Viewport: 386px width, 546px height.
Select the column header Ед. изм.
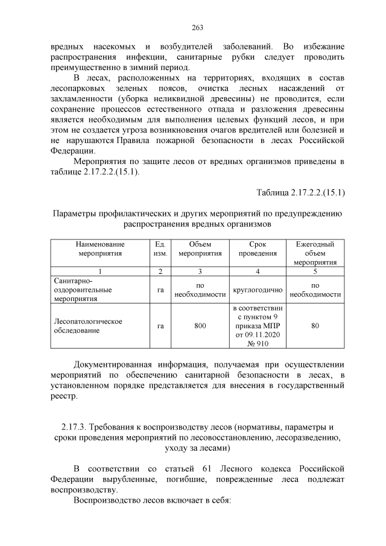[x=160, y=249]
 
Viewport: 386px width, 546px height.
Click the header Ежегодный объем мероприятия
[x=315, y=253]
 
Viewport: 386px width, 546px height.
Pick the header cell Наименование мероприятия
[x=100, y=249]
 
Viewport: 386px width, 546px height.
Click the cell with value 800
[x=200, y=326]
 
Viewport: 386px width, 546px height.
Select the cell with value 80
[x=315, y=326]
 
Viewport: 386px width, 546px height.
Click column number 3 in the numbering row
[x=200, y=271]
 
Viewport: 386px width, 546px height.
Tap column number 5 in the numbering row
[x=315, y=271]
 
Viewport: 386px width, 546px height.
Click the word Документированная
[x=112, y=364]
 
